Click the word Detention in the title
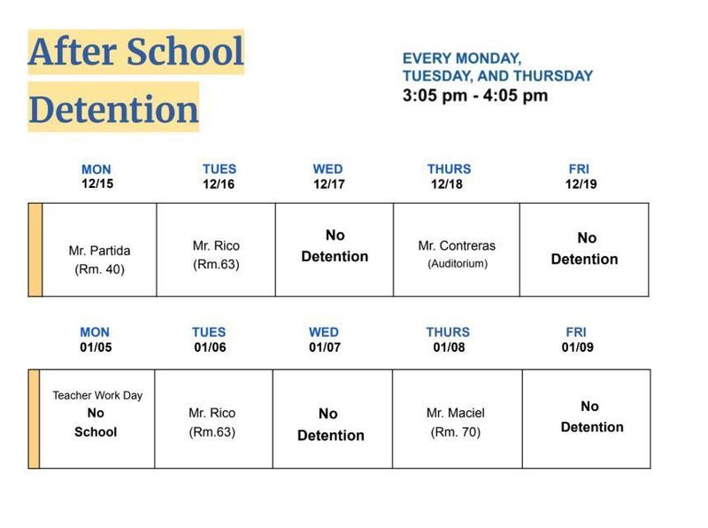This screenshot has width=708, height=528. click(113, 109)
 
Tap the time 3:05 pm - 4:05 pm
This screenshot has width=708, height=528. click(474, 95)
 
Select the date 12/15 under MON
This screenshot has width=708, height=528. click(96, 184)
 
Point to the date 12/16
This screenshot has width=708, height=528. click(218, 184)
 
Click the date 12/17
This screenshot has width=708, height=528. click(327, 184)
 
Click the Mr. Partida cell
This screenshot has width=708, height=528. click(99, 260)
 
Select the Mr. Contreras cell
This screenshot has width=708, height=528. click(457, 253)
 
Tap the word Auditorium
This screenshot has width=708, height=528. click(457, 264)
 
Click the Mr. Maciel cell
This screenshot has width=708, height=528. click(456, 422)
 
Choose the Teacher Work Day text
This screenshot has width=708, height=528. click(97, 395)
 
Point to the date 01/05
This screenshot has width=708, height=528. click(96, 347)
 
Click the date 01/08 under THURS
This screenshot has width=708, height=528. click(449, 347)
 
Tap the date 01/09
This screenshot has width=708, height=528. click(576, 347)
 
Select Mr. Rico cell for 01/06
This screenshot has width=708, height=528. click(212, 422)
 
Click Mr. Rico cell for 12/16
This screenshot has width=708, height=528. click(216, 253)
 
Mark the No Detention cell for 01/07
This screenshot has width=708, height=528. click(329, 424)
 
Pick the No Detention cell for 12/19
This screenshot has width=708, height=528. click(584, 249)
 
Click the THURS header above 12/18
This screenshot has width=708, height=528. click(449, 168)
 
